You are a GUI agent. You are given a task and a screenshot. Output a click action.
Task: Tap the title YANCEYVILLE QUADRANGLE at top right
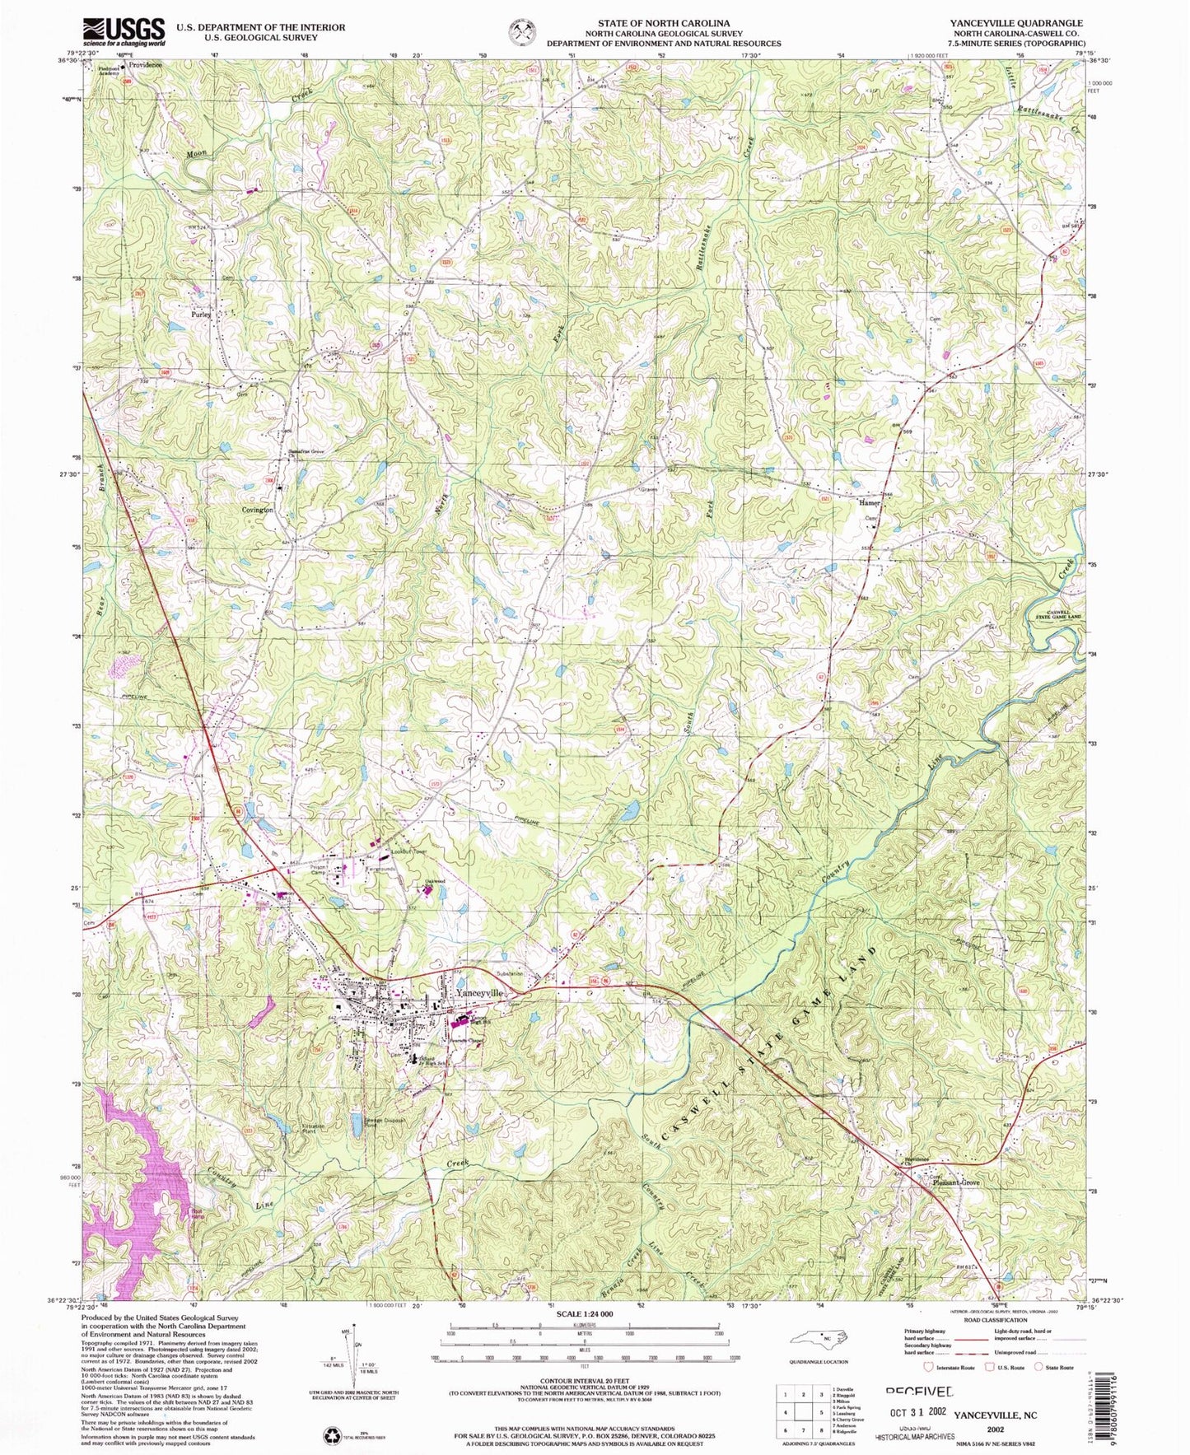pos(1038,23)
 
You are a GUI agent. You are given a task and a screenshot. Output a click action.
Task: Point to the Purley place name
pos(201,315)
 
